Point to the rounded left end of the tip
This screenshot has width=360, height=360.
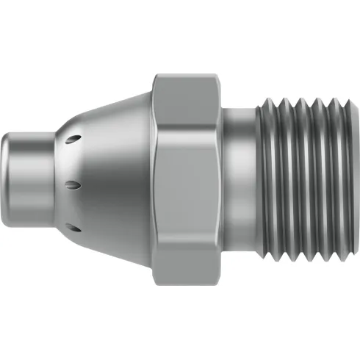coord(7,180)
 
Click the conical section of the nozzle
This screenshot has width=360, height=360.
coord(110,180)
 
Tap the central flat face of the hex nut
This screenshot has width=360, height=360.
coord(187,180)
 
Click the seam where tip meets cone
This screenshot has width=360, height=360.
coord(53,180)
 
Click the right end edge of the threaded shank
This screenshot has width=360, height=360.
coord(352,180)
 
